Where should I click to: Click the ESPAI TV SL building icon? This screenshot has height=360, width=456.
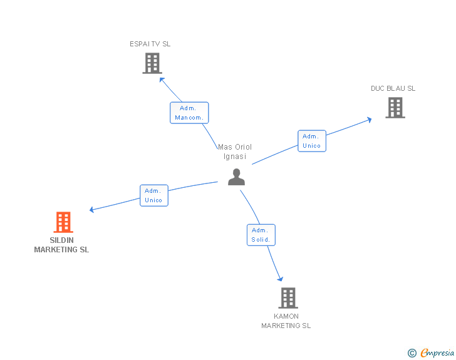coord(152,63)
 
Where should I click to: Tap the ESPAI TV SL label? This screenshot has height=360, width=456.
coord(150,44)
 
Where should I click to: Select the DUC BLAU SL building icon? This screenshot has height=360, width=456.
coord(395,108)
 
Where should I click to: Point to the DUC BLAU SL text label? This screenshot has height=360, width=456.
coord(393,88)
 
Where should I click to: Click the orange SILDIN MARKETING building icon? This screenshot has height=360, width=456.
coord(63,222)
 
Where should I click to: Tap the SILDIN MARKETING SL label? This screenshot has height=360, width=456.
coord(61,245)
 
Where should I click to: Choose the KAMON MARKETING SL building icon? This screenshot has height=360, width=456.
coord(288,298)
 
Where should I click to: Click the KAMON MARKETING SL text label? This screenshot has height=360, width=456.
coord(286,321)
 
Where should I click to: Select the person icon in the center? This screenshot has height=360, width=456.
coord(236,177)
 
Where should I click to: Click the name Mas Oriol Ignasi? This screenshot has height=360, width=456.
coord(235,152)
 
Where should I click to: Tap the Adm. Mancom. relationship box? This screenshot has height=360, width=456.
coord(189,113)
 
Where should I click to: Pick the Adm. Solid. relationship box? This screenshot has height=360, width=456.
coord(261,235)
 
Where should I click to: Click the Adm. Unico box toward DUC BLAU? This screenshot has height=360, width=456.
coord(311,141)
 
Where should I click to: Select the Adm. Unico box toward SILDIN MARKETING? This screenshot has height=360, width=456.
coord(153,195)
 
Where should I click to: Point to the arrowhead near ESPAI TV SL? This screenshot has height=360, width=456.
coord(162,79)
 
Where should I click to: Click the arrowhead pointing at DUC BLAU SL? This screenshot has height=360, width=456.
coord(370,118)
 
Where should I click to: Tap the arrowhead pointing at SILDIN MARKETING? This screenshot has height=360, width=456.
coord(92,210)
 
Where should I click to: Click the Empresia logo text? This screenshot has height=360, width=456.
coord(437,353)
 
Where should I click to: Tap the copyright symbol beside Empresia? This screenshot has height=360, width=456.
coord(412,353)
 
